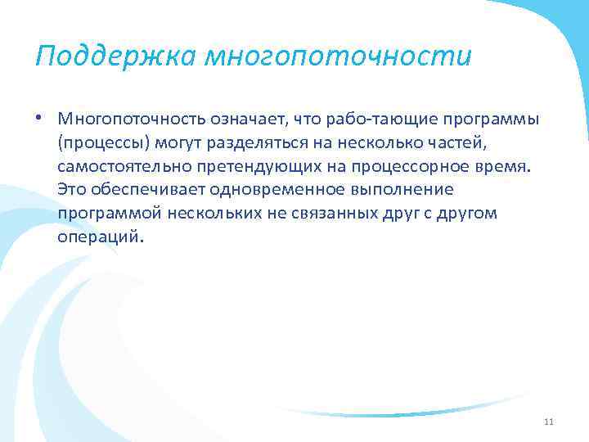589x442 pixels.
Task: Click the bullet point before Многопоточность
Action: (x=39, y=119)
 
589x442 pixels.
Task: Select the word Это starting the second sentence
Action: (x=73, y=191)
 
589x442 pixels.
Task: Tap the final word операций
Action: (x=100, y=238)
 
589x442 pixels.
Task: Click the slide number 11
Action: (x=548, y=422)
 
